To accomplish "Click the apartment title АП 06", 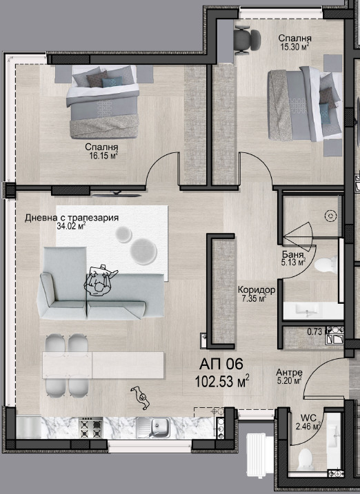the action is tap(221, 364).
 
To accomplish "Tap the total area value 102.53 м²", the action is tap(222, 382).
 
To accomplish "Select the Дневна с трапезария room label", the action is tap(72, 218).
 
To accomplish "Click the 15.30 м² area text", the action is tap(294, 47).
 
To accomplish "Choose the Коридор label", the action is tap(257, 289).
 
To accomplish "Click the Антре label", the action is tap(289, 372).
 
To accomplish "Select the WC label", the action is tap(308, 418).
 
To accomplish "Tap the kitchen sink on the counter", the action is tap(153, 428).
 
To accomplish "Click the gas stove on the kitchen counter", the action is tap(91, 427).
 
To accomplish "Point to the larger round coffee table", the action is tap(143, 251).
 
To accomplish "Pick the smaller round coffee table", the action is tap(123, 235).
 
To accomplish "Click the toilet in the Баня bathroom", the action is tap(326, 265).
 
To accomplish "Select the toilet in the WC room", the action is tap(306, 459).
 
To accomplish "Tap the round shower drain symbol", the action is tap(330, 216).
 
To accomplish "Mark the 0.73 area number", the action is tap(314, 331).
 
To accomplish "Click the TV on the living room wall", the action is tap(117, 195).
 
